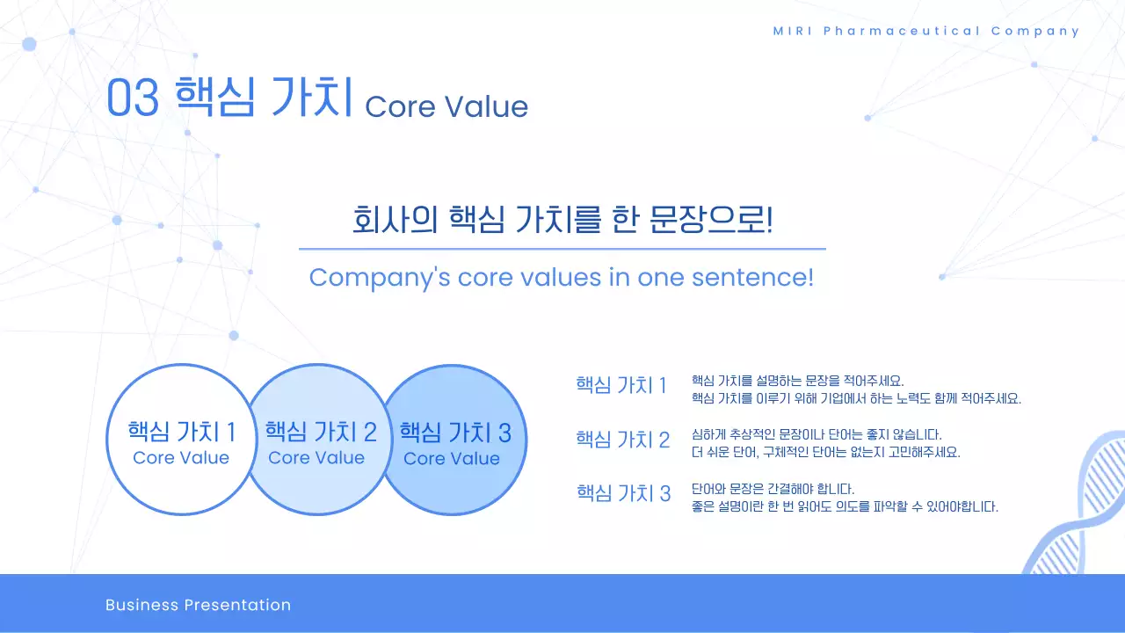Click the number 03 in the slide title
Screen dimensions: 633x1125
tap(133, 98)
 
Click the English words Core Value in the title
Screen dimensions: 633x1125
tap(446, 106)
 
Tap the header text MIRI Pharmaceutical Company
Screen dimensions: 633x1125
tap(925, 31)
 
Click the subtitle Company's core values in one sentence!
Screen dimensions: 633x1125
tap(562, 278)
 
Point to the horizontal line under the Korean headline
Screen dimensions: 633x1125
tap(562, 249)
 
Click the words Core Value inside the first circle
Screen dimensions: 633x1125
tap(181, 458)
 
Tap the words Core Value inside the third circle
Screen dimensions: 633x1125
tap(452, 459)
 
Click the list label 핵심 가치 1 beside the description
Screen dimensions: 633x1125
tap(621, 385)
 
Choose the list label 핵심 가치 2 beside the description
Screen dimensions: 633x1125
tap(622, 440)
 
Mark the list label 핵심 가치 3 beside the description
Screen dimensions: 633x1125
tap(623, 493)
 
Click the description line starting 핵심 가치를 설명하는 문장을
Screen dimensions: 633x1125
tap(797, 381)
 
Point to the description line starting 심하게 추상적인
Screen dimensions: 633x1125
tap(817, 434)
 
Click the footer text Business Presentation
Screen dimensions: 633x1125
tap(198, 605)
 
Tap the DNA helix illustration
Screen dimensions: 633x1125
tap(1078, 510)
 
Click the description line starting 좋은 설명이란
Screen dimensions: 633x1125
tap(845, 507)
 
